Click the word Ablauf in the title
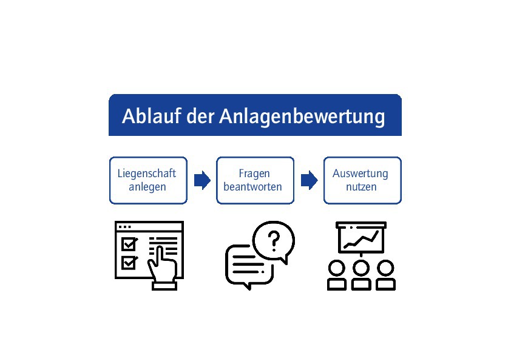pos(151,116)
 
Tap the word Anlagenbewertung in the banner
pos(302,117)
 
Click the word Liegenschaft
pos(147,174)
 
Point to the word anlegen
pos(147,187)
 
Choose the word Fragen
pos(254,174)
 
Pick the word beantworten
pos(252,187)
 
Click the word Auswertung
pos(360,174)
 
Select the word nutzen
pos(361,187)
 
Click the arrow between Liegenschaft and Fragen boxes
pos(202,180)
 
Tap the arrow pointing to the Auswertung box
pos(309,180)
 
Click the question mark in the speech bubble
pos(274,240)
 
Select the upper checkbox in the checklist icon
pos(129,244)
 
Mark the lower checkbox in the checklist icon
pos(129,263)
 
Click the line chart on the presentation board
pos(362,240)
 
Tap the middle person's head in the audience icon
pos(361,268)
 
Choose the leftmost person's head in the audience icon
pos(337,268)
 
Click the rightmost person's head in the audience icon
pos(385,268)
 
